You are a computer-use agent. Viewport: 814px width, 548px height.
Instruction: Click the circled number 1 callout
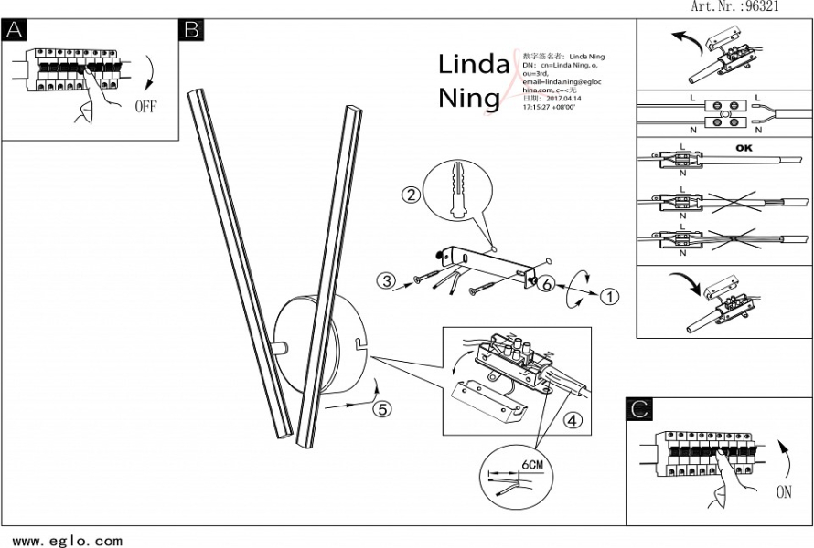click(609, 296)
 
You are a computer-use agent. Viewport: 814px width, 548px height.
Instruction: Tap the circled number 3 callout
click(387, 281)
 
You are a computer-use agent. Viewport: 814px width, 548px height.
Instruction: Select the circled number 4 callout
click(572, 421)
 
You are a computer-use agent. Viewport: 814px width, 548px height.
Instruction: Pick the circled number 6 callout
click(545, 284)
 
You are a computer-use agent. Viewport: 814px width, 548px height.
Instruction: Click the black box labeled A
click(14, 29)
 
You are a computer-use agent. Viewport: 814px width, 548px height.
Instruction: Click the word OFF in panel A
click(146, 106)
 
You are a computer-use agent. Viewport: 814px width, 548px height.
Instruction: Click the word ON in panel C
click(784, 492)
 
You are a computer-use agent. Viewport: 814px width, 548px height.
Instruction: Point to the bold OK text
click(744, 147)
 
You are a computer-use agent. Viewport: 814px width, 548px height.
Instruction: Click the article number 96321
click(762, 6)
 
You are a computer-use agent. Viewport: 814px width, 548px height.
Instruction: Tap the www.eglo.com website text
click(67, 541)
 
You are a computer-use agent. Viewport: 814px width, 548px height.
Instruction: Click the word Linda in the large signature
click(473, 65)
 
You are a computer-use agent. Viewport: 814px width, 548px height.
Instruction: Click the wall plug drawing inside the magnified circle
click(457, 189)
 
